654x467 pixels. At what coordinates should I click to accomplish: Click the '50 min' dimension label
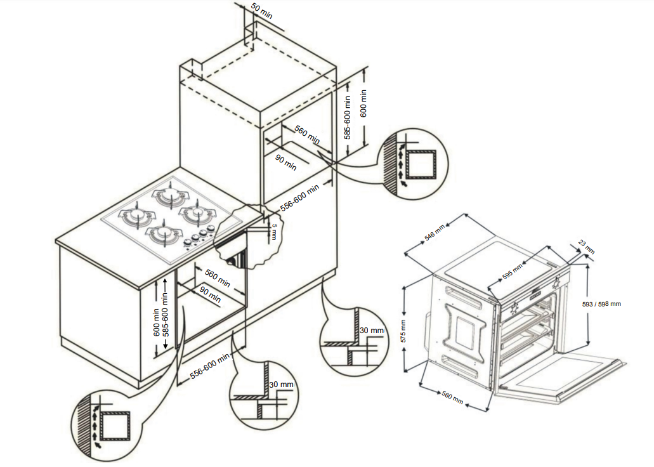pos(261,11)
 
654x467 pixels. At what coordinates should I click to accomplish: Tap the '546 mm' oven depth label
pos(435,233)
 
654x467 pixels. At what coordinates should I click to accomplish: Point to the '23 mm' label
pos(587,247)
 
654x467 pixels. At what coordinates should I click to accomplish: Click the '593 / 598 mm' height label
pos(601,304)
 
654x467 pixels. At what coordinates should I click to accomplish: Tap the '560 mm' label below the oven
pos(452,398)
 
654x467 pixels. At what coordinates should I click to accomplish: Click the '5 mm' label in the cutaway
pos(274,229)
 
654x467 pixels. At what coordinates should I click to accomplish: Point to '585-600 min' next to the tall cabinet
pos(348,117)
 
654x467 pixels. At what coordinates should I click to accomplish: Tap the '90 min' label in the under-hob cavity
pos(210,294)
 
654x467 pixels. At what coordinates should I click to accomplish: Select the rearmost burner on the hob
pos(171,194)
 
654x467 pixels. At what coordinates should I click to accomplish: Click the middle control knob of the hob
pos(196,237)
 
